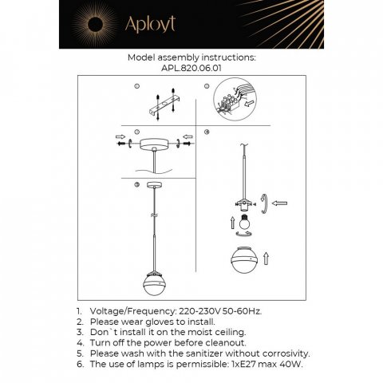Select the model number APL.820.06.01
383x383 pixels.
coord(191,69)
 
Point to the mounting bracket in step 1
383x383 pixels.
coord(159,101)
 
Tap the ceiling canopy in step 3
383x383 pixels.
coord(152,144)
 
